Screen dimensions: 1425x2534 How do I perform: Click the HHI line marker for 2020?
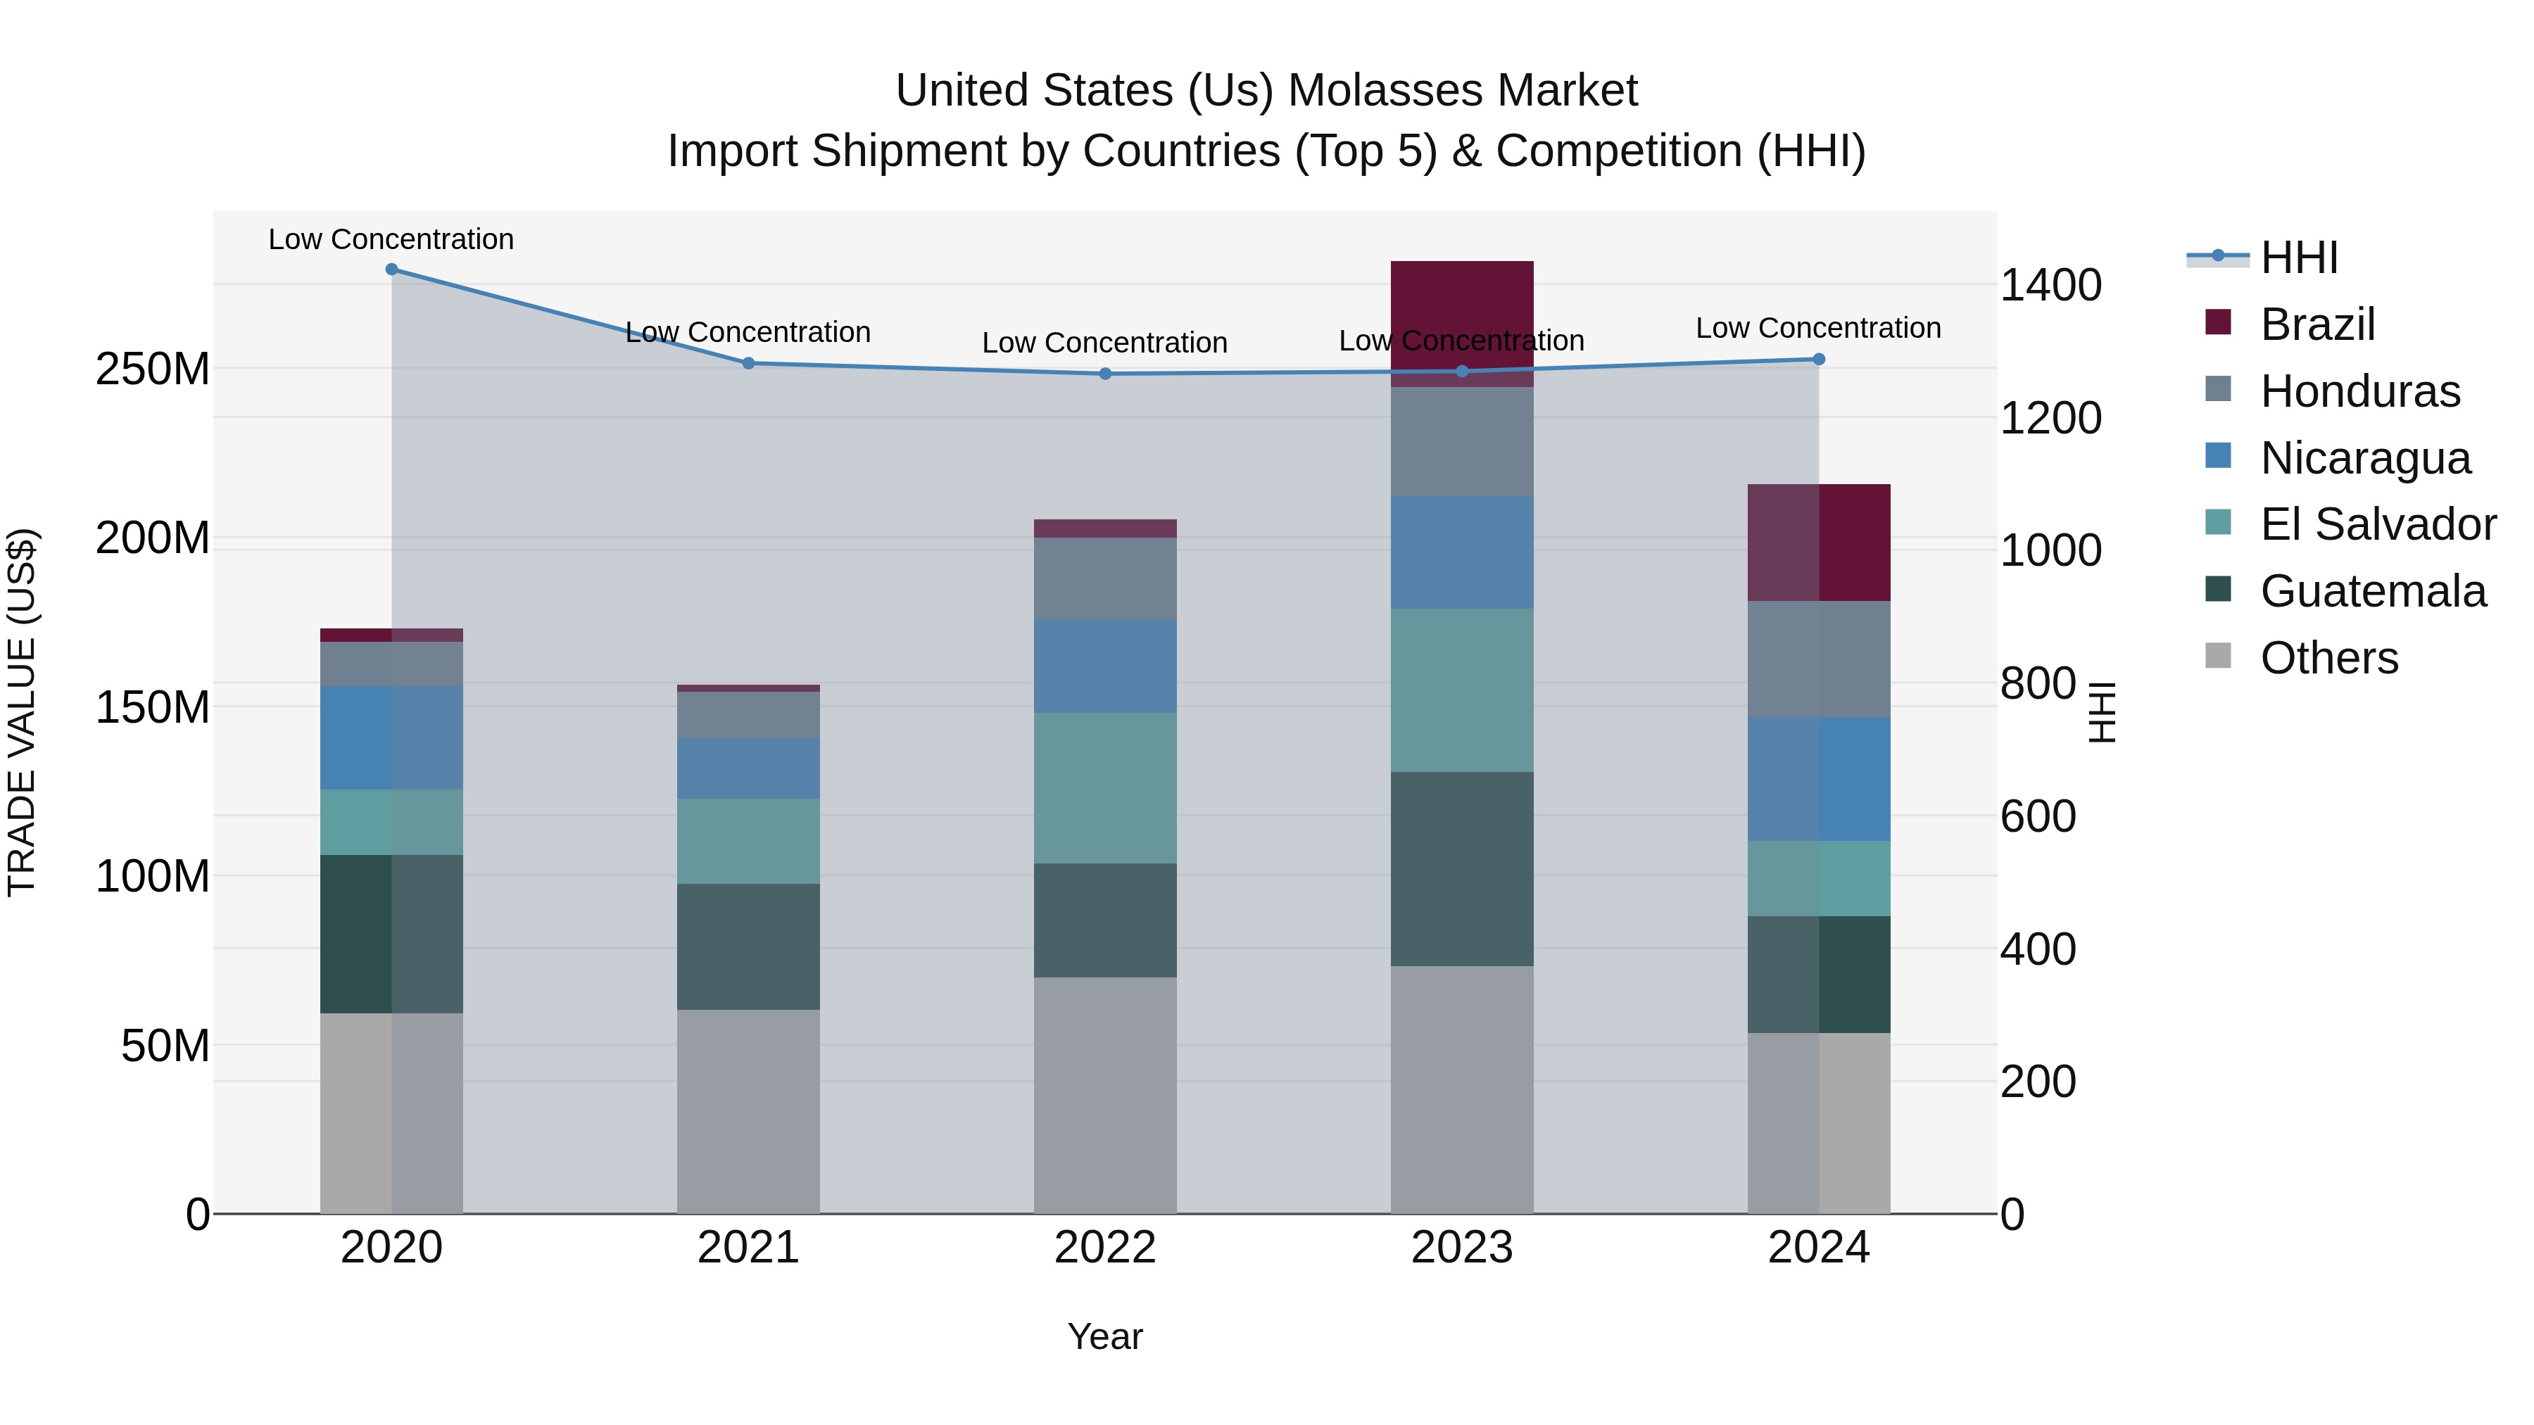[391, 270]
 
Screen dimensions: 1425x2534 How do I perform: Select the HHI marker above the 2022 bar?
[1104, 374]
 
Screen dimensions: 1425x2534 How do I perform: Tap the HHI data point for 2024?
[1819, 359]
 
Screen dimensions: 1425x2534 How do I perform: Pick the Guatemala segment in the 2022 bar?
[1104, 920]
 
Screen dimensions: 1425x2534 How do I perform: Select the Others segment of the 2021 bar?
[748, 1111]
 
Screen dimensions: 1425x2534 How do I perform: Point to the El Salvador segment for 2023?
[1462, 690]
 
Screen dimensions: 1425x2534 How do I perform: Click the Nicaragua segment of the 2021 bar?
[748, 768]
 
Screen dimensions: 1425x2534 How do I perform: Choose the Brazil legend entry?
[2316, 324]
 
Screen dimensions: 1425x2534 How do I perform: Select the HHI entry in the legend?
[2298, 258]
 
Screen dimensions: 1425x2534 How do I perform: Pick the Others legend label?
[2328, 658]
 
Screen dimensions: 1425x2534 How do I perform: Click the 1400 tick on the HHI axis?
[2051, 285]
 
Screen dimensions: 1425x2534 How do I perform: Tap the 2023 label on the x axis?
[1462, 1248]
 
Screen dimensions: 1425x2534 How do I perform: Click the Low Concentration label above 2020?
[391, 239]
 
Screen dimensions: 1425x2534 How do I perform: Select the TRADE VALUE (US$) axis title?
[22, 712]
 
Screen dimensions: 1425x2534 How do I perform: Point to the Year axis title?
[1104, 1336]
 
